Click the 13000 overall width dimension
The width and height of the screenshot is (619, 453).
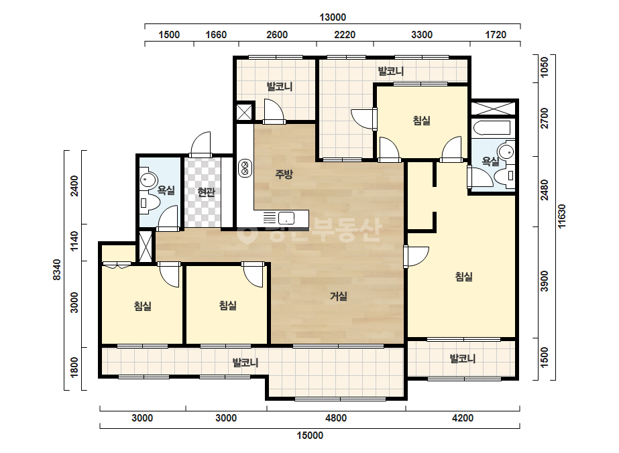333,17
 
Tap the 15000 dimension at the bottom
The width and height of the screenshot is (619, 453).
310,436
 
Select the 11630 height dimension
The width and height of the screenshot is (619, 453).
561,216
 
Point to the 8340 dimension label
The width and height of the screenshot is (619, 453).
57,270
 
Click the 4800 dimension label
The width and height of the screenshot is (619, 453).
336,418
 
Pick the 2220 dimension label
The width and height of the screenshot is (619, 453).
345,35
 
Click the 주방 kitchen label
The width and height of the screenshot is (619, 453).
284,174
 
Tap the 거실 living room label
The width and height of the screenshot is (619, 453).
339,296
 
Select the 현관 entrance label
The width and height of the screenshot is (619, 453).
207,192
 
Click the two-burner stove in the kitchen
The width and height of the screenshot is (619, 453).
245,168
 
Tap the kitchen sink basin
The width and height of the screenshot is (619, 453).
286,218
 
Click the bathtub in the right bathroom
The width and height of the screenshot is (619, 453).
491,128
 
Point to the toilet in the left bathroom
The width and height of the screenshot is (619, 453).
150,203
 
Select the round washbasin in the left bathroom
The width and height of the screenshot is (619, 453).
148,180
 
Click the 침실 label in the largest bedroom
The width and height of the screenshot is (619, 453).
464,277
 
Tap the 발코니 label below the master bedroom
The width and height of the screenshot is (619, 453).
463,359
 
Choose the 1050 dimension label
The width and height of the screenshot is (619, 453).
544,68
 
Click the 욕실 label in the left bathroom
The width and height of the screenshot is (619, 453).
166,190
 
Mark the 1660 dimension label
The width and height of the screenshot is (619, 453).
216,35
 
